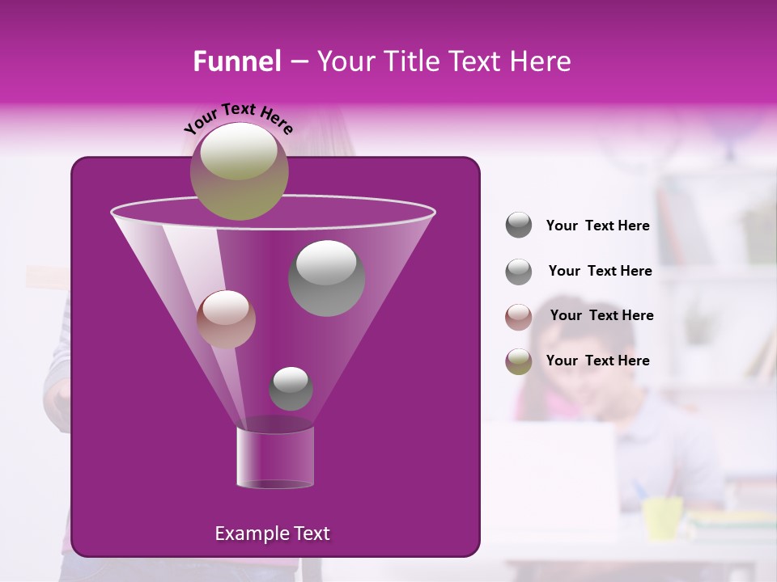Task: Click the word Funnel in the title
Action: [x=236, y=61]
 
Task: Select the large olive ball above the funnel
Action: [x=239, y=171]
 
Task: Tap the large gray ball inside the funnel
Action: [x=326, y=278]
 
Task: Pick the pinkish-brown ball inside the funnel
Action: [x=226, y=318]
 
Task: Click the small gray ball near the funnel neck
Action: [x=291, y=388]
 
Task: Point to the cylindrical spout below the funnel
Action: [x=274, y=458]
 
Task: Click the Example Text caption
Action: [x=272, y=533]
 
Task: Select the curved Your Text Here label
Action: [x=238, y=118]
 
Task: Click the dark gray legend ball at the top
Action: [x=519, y=226]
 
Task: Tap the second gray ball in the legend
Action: [x=519, y=271]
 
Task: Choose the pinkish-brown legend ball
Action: [x=519, y=316]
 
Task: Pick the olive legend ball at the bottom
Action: [x=519, y=361]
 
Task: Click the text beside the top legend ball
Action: [x=597, y=226]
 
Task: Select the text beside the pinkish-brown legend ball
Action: [x=601, y=316]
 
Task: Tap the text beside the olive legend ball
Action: [x=597, y=361]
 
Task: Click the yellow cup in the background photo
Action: [x=663, y=518]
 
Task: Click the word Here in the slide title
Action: [x=541, y=61]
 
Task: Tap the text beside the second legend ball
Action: [x=600, y=272]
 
